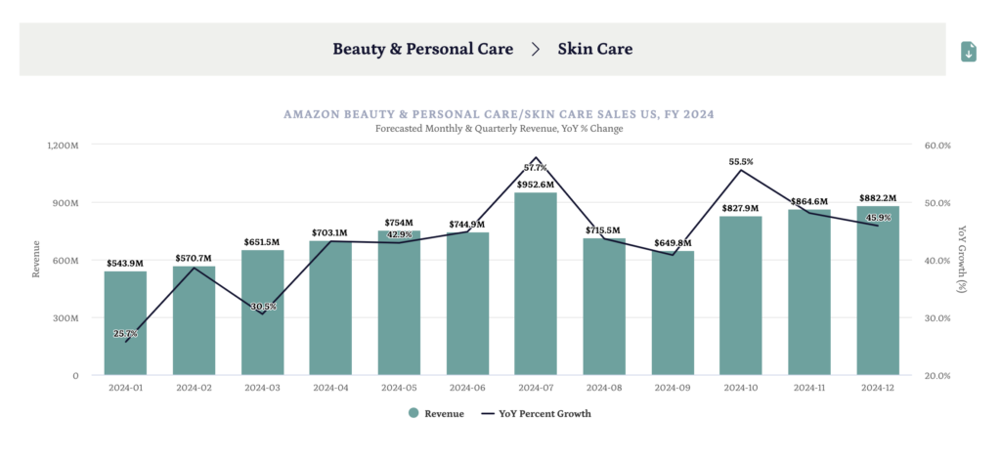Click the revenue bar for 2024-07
(536, 283)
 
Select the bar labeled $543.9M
(125, 322)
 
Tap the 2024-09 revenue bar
(673, 312)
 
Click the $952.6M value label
(536, 185)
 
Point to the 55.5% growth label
(741, 161)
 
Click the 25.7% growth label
(125, 334)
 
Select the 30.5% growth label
(263, 307)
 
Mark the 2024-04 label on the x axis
(330, 388)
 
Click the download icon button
(969, 52)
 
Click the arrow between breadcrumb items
(536, 49)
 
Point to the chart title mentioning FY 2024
(499, 114)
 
